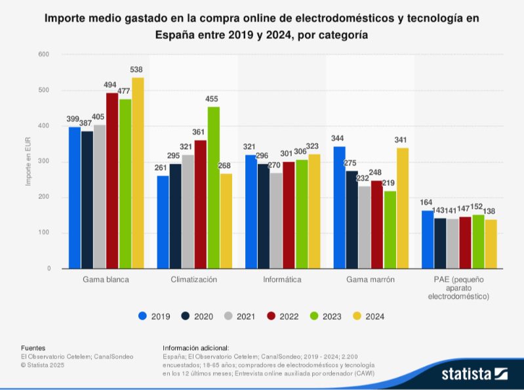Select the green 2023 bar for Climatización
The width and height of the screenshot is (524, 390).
[214, 187]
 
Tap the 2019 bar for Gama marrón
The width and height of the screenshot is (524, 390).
[339, 207]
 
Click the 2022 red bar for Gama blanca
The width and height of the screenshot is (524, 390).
[112, 181]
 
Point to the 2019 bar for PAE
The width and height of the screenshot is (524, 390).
[428, 240]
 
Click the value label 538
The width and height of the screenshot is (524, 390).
[136, 70]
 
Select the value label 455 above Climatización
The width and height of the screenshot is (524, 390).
[212, 99]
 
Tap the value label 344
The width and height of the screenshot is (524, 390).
[338, 139]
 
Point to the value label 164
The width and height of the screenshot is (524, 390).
[427, 202]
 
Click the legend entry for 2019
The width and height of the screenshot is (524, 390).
[155, 316]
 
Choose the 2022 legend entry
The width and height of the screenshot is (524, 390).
[283, 316]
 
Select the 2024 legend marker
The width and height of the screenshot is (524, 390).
[357, 316]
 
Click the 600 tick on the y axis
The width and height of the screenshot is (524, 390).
[45, 54]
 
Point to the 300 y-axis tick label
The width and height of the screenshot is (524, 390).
[45, 162]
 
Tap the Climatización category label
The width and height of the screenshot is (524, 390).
[195, 279]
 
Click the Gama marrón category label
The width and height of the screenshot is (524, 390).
[371, 279]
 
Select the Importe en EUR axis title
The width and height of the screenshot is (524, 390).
[28, 162]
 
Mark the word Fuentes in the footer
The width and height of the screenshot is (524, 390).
[33, 348]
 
